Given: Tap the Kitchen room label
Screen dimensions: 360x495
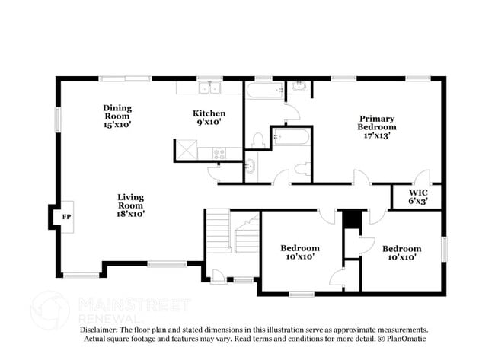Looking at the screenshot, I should coord(208,118).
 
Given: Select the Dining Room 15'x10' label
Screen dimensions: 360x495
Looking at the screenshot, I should coord(118,115).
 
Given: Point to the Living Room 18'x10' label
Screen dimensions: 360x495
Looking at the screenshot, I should coord(130,205).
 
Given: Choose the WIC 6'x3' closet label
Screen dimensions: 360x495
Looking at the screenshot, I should coord(418,196).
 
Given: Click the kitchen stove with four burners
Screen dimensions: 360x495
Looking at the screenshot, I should coord(219,153).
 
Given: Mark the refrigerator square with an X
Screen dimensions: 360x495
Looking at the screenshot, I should coord(186,150).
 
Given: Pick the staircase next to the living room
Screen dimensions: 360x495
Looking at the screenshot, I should coord(232,231).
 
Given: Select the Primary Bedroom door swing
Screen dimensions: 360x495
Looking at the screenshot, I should coord(361,177).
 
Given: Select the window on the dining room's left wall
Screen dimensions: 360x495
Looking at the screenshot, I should coord(57,119).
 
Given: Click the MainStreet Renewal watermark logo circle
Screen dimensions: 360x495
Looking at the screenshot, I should coord(49,310).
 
